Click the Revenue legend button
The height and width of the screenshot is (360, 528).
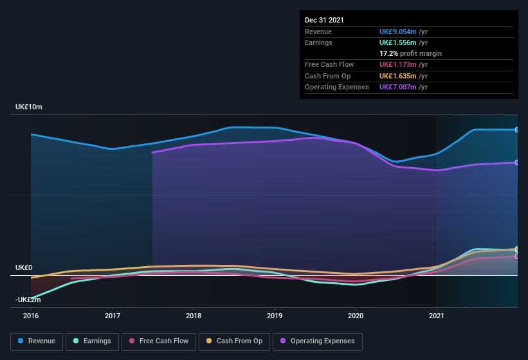pyautogui.click(x=37, y=341)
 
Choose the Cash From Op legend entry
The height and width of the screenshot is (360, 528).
pyautogui.click(x=235, y=341)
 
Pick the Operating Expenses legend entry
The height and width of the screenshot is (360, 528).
pyautogui.click(x=318, y=341)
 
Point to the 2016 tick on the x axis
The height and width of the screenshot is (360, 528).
pyautogui.click(x=31, y=316)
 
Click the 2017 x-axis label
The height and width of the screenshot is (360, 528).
pyautogui.click(x=113, y=316)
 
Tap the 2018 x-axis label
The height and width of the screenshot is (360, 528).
pyautogui.click(x=194, y=316)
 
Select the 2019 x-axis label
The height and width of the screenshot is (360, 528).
pyautogui.click(x=275, y=316)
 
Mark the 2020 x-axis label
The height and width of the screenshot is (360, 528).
pyautogui.click(x=356, y=316)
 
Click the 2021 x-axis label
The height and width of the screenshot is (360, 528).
pyautogui.click(x=437, y=316)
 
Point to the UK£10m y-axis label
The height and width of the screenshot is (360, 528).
pyautogui.click(x=29, y=107)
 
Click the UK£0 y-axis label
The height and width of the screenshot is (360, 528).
pyautogui.click(x=24, y=267)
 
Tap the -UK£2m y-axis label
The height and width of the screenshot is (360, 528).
pyautogui.click(x=29, y=300)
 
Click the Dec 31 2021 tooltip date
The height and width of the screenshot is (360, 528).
pyautogui.click(x=324, y=20)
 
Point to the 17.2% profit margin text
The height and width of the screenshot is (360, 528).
pyautogui.click(x=410, y=53)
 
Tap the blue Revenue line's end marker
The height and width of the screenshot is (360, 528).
pyautogui.click(x=516, y=130)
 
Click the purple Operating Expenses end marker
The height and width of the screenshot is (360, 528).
pyautogui.click(x=516, y=163)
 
